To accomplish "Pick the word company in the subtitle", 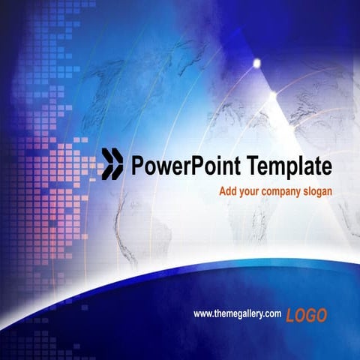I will click(283, 192).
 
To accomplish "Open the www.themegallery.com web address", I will click(237, 313).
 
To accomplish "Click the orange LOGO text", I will click(306, 316).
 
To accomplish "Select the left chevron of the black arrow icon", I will click(108, 163).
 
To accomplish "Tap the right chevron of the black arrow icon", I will click(117, 163).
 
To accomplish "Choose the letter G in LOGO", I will click(310, 316).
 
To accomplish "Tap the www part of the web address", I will click(202, 313).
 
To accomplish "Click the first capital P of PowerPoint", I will click(136, 164).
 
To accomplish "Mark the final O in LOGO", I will click(321, 316).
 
